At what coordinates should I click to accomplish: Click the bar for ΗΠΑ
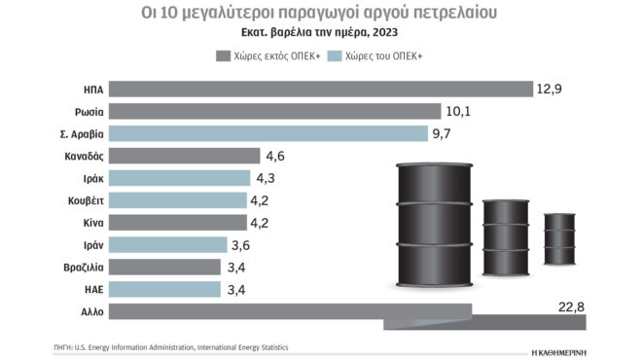[x=321, y=89]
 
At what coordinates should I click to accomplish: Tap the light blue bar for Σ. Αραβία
[x=268, y=133]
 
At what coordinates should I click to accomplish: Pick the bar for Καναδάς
[x=185, y=156]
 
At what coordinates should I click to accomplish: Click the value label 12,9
[x=551, y=89]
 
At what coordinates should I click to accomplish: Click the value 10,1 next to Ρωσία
[x=459, y=111]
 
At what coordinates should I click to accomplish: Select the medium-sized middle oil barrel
[x=506, y=225]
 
